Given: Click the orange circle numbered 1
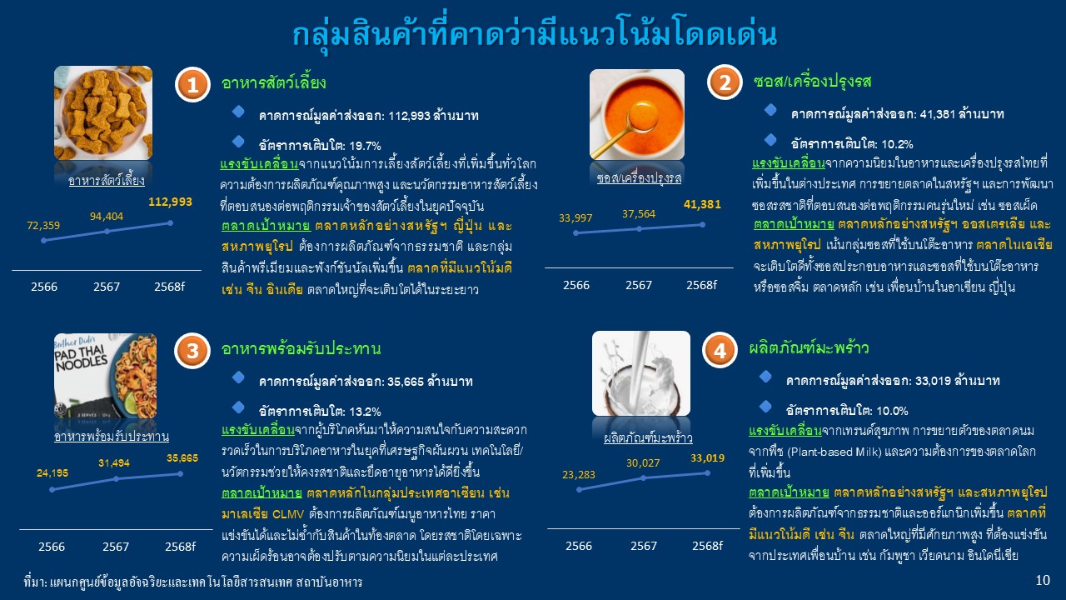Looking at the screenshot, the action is [x=192, y=85].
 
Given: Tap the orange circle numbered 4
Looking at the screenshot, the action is [x=720, y=351].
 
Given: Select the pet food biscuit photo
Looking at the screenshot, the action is [x=103, y=112].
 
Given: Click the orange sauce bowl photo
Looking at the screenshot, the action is [x=637, y=114].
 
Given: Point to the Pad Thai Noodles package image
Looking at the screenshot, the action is [x=105, y=376].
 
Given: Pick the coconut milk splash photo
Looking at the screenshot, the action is [x=641, y=373].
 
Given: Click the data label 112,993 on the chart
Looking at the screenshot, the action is [x=170, y=202].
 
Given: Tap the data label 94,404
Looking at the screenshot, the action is [x=107, y=217].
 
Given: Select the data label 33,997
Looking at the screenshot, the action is [x=575, y=218].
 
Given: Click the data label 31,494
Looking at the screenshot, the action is [x=114, y=462].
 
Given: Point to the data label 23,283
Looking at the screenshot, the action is [x=579, y=475].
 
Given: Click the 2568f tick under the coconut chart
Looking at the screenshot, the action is [x=707, y=546].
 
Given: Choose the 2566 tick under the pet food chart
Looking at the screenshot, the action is [x=44, y=287].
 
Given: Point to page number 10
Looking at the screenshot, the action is [x=1043, y=580].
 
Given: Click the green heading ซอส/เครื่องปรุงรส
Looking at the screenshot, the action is [x=812, y=82].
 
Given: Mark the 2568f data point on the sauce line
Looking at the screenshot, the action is [x=702, y=225].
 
